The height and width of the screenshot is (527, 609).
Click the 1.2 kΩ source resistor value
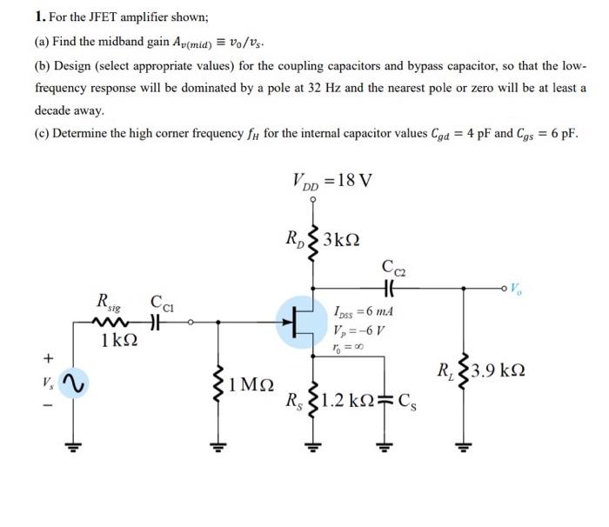click(x=351, y=403)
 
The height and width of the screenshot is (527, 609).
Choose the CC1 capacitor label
click(x=163, y=304)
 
